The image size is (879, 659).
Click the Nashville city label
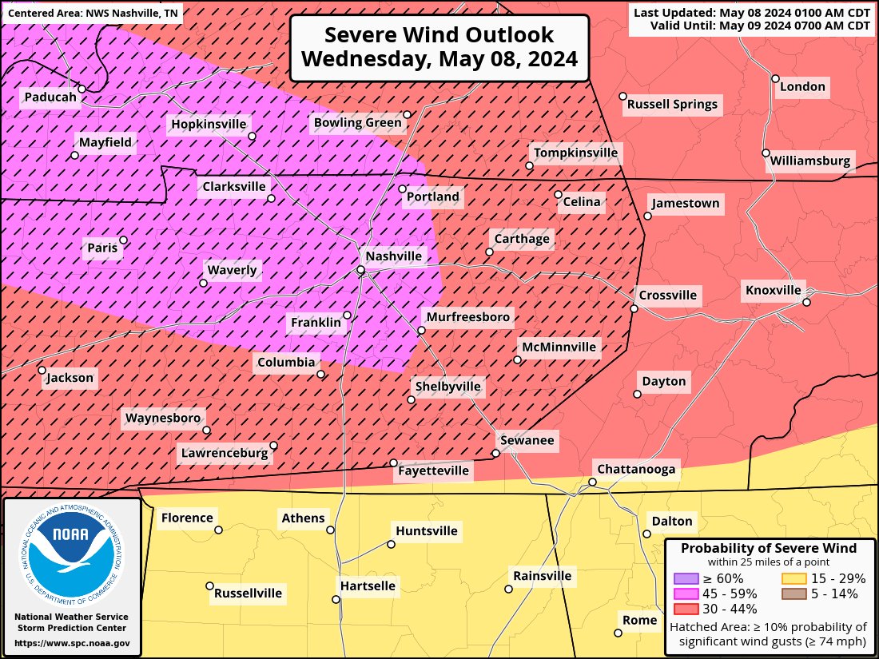tap(393, 256)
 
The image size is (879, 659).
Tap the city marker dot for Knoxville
tap(807, 302)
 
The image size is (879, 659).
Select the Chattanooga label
tap(637, 469)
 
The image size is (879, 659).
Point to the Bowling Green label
tap(356, 122)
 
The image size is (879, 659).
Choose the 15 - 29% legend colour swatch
tap(792, 578)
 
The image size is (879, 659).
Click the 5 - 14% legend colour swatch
tap(792, 593)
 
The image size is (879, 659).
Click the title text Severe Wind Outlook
tap(439, 35)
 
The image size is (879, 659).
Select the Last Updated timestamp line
tap(751, 13)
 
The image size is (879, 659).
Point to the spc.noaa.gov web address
tap(72, 643)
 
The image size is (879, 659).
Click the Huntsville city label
tap(427, 531)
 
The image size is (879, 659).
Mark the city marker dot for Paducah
tap(82, 89)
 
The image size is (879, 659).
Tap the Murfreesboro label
tap(467, 317)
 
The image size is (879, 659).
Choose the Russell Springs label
tap(672, 104)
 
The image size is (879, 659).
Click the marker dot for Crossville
tap(634, 308)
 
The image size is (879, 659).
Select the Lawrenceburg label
tap(224, 453)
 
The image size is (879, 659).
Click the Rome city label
tap(640, 620)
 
